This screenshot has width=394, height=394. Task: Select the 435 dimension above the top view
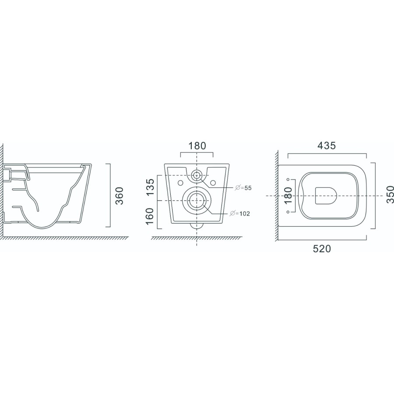(327, 145)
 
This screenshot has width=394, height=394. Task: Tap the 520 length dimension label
(322, 249)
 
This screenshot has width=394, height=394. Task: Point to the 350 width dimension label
(390, 194)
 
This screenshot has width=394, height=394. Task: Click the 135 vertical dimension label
(150, 187)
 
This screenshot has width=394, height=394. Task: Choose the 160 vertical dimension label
(150, 216)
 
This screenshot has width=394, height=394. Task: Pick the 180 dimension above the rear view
(197, 146)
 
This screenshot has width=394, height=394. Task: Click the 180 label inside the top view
(289, 196)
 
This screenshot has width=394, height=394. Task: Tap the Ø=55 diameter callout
(243, 188)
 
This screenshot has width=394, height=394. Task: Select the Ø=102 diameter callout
(240, 214)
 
